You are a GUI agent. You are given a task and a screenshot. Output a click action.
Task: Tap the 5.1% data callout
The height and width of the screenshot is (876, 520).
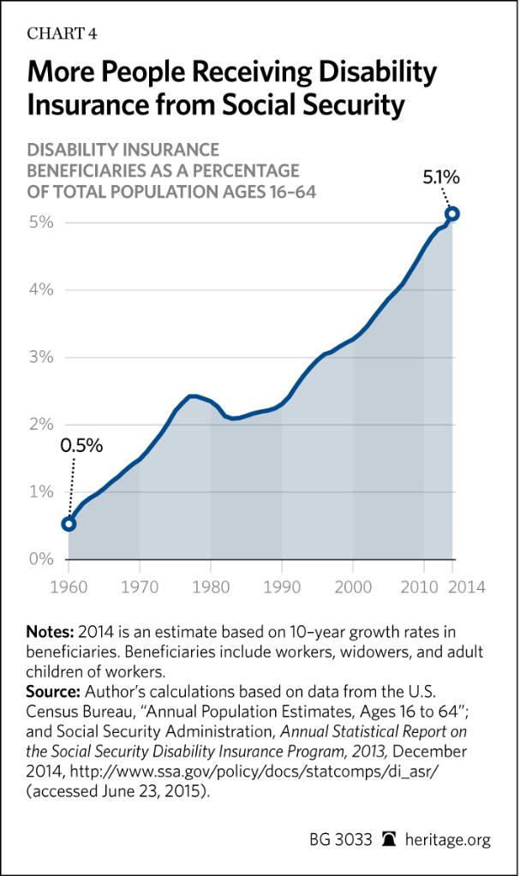[x=442, y=178]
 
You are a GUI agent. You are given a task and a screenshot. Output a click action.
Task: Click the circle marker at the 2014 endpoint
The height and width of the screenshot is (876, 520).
[x=453, y=213]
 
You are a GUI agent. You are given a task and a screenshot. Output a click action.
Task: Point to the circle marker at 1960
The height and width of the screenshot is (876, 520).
[x=69, y=524]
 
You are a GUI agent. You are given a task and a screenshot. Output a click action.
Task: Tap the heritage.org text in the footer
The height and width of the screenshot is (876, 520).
[x=448, y=840]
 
